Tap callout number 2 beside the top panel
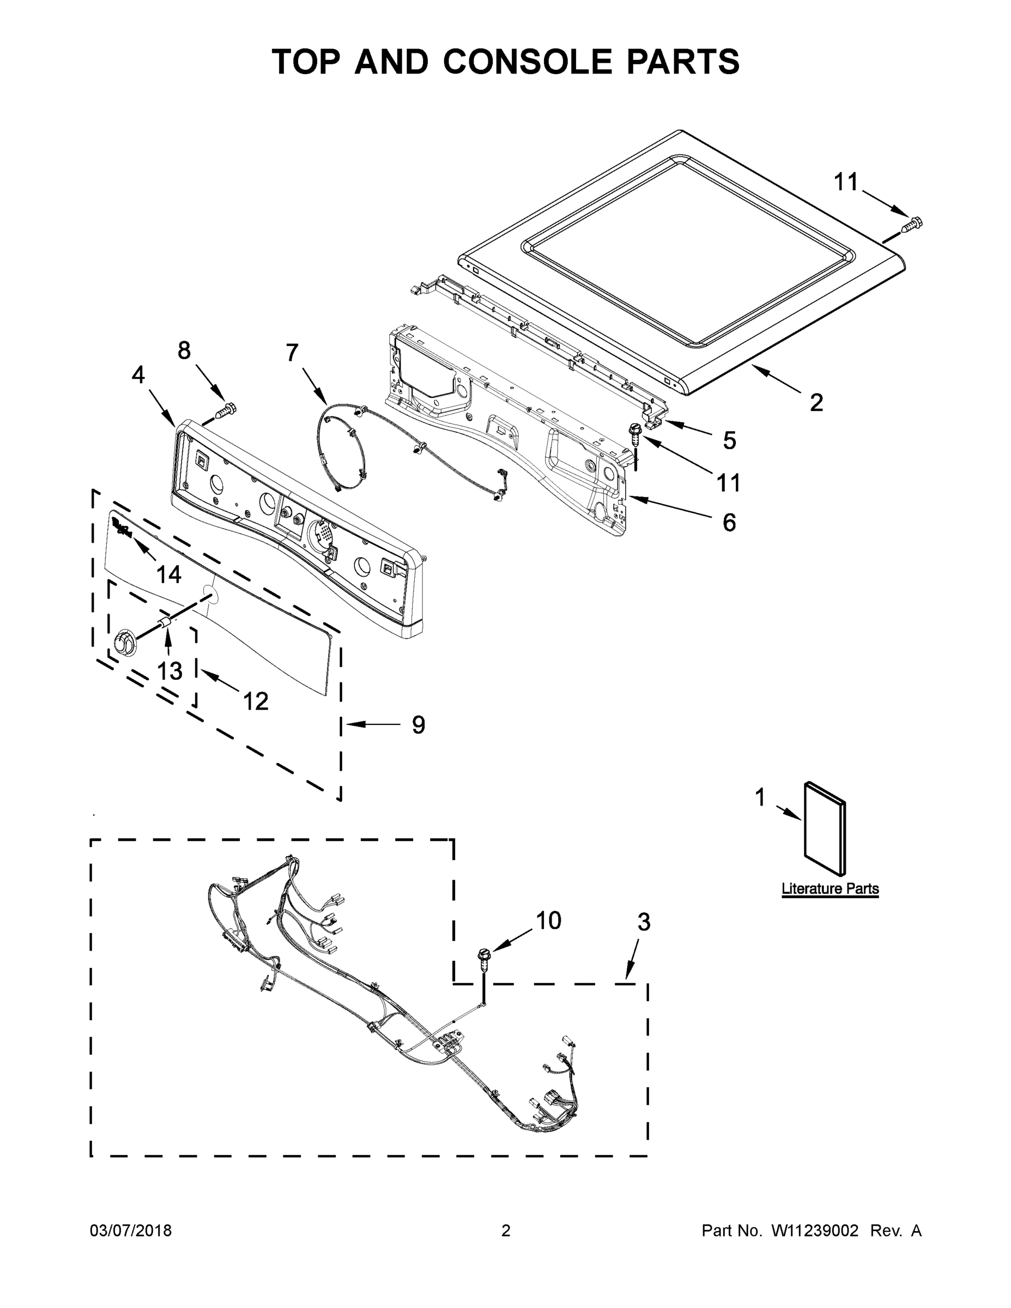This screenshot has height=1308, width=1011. [x=816, y=402]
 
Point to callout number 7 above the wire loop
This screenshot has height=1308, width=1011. [x=292, y=353]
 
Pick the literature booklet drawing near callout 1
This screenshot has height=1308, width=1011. [x=825, y=829]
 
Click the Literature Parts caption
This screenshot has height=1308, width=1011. [x=830, y=889]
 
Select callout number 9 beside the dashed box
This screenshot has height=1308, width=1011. [x=418, y=725]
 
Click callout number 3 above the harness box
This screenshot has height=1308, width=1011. [x=643, y=922]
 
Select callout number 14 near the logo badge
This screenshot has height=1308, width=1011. [x=168, y=574]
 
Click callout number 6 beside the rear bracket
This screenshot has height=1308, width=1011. [x=729, y=522]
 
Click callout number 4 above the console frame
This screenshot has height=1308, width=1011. [x=138, y=375]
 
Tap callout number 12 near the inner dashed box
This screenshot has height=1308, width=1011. [x=255, y=700]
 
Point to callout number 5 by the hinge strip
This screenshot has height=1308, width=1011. [x=729, y=440]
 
